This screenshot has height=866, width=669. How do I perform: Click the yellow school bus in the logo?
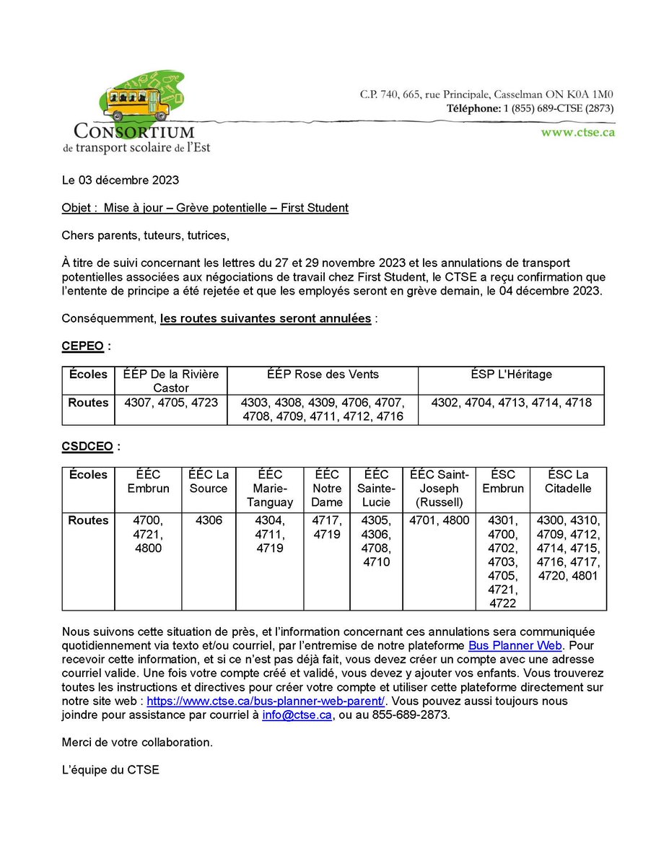tap(136, 104)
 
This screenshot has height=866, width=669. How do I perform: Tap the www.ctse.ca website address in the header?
tap(577, 132)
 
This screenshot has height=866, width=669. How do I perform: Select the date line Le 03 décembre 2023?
tap(121, 180)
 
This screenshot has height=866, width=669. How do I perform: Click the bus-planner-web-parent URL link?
tap(266, 701)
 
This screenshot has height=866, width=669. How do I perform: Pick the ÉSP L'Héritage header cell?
tap(510, 374)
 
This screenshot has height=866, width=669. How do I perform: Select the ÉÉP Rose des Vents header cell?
tap(322, 374)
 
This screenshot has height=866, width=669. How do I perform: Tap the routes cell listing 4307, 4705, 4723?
tap(171, 403)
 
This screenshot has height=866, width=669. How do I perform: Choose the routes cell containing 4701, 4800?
tap(439, 520)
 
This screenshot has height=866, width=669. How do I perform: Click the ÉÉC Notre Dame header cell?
tap(326, 488)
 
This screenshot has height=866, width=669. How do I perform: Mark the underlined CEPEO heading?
tap(84, 346)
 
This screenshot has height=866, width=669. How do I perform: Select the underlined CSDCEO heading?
tap(87, 447)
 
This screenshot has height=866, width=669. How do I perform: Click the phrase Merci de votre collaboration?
tap(137, 742)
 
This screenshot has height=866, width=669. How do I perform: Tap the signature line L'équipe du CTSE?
tap(110, 770)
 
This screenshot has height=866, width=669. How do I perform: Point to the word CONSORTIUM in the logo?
tap(134, 132)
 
